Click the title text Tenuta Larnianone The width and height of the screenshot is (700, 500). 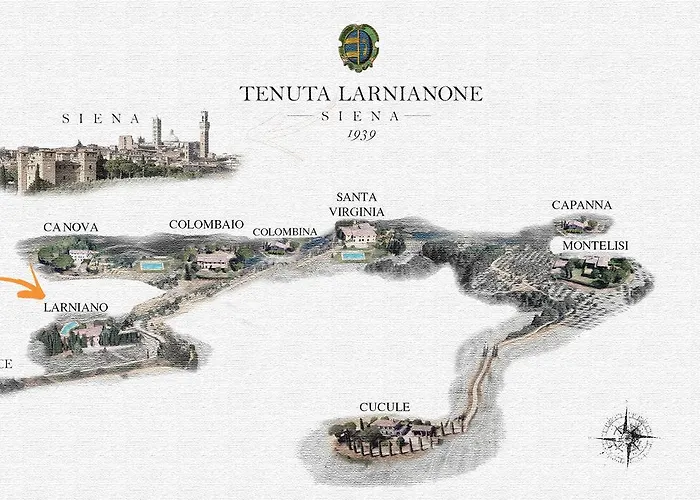tap(361, 94)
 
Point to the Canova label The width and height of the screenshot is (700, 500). tap(71, 228)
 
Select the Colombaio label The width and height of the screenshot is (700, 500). tap(206, 225)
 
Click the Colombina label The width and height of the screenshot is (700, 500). tap(285, 232)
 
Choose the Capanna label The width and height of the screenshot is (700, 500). tap(582, 206)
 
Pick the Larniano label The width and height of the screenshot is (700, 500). tap(76, 307)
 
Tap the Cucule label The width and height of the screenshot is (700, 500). tap(384, 407)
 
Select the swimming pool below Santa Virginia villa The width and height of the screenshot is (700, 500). tap(352, 257)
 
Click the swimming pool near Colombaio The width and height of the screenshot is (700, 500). tap(152, 266)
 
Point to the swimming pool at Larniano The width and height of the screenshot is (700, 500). tap(67, 328)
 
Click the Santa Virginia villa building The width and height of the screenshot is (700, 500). tap(358, 235)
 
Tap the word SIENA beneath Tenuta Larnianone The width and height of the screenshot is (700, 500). tap(361, 116)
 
